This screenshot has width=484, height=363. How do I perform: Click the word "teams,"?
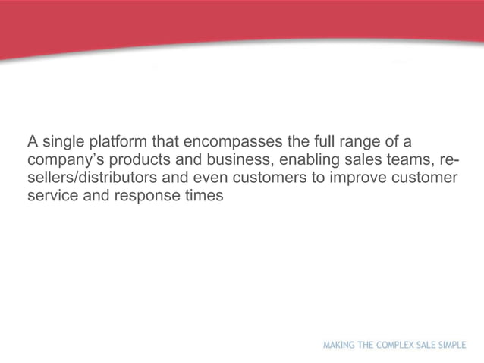409,160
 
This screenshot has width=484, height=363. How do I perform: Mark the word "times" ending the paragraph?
201,196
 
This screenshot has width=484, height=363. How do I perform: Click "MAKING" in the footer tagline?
339,345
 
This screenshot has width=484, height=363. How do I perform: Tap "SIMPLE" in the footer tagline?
452,345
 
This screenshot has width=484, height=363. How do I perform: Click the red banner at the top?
242,23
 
